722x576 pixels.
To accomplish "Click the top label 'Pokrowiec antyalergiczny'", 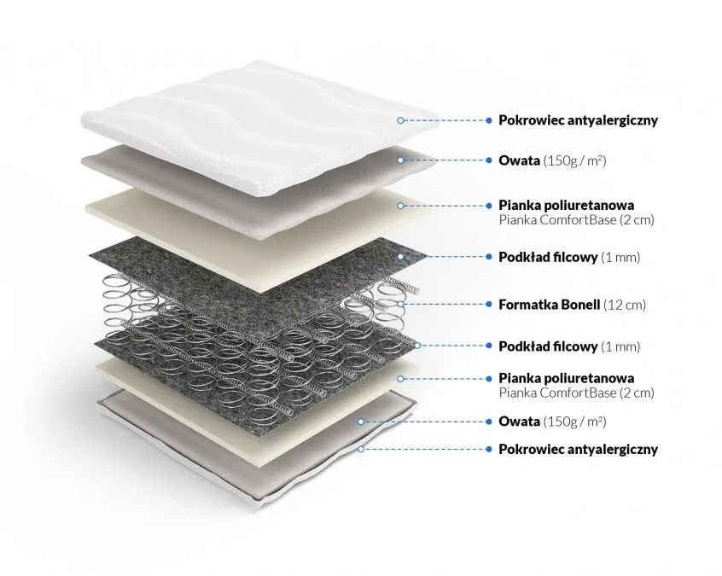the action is click(579, 120).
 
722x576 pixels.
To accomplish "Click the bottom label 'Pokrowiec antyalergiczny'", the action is click(579, 450).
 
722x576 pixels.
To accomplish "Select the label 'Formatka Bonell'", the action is click(550, 305).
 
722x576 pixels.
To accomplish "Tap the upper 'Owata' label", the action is click(520, 160).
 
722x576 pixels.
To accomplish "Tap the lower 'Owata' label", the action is click(520, 422).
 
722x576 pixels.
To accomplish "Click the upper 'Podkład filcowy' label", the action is click(548, 257).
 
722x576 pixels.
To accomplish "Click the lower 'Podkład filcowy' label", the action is click(548, 346).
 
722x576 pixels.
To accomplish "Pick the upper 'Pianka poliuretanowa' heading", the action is click(567, 205).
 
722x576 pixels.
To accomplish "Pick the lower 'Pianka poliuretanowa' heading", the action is click(567, 378).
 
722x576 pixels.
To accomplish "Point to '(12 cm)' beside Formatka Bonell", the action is click(625, 305).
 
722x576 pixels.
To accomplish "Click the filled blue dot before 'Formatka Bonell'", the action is click(488, 305).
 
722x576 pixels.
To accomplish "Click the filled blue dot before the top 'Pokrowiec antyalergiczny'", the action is click(488, 120).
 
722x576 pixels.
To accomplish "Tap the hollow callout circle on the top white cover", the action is click(400, 120).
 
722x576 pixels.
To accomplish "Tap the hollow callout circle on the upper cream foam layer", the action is click(400, 206).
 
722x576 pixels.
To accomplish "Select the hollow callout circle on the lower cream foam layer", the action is click(400, 379).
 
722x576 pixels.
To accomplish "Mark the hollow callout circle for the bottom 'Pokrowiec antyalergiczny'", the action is click(362, 449).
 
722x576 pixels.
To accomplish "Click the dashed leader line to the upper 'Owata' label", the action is click(445, 160).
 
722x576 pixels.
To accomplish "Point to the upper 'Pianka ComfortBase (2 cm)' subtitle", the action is click(577, 219).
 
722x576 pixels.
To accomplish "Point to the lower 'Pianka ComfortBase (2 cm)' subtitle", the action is click(577, 393).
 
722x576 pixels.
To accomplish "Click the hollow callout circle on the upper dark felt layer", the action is click(400, 257).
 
